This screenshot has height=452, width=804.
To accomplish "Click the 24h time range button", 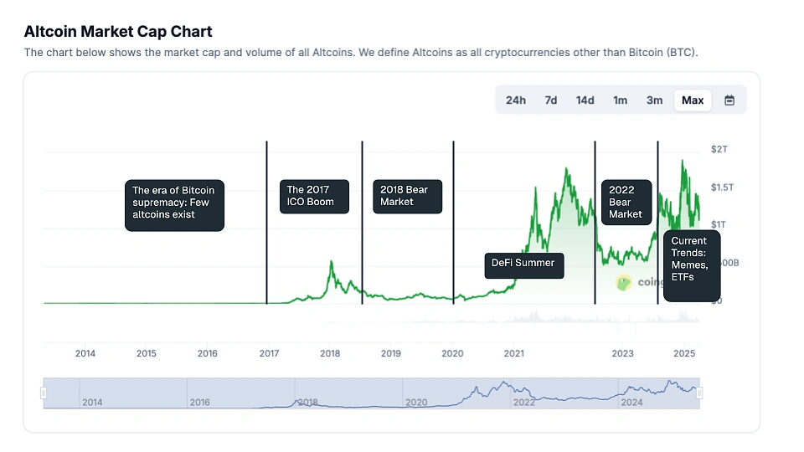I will coord(516,100).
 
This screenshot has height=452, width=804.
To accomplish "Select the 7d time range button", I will coord(550,100).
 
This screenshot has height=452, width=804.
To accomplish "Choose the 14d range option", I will coord(585,100).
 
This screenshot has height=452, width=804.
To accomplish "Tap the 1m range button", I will coord(620,100).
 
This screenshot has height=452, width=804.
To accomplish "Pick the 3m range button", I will coord(654,100).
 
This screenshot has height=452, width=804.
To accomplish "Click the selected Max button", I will coord(693,100).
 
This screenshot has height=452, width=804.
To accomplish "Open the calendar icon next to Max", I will coord(729,100).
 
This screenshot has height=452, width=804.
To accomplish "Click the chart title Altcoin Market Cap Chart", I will coord(118,32).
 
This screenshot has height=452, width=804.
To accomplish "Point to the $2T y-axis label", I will coord(719,149).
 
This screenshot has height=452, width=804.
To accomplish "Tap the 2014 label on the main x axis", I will coord(85,353).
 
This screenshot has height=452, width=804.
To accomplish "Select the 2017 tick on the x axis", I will coord(269,353).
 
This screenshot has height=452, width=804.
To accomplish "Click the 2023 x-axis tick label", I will coord(622,353).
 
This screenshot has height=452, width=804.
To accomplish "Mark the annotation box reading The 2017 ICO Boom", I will coord(313,196).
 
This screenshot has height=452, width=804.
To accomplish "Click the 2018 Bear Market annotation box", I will coord(406,196).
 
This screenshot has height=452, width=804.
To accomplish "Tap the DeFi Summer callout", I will coord(523,264).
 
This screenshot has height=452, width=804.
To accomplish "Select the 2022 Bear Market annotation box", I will coord(626,202).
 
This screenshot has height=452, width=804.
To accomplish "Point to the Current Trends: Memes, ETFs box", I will coord(691,265).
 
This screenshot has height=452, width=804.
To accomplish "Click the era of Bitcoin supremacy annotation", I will coord(174,203).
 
